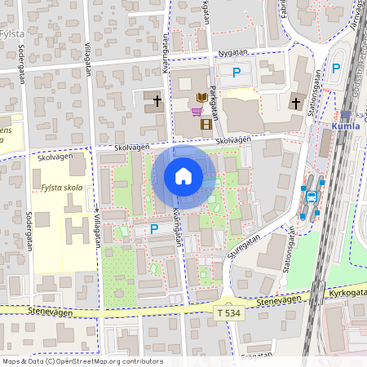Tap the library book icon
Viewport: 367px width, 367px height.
201,98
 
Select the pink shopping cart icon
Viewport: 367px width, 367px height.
197,111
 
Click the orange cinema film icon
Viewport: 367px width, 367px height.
206,124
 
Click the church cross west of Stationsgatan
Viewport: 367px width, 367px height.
296,103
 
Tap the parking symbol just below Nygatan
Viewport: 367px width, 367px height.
237,73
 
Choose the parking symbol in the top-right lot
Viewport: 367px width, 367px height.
336,68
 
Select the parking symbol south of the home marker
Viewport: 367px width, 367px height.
153,230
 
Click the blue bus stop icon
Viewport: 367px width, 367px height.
311,196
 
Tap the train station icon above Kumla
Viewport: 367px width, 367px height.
346,115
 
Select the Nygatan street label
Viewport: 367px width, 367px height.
232,53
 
